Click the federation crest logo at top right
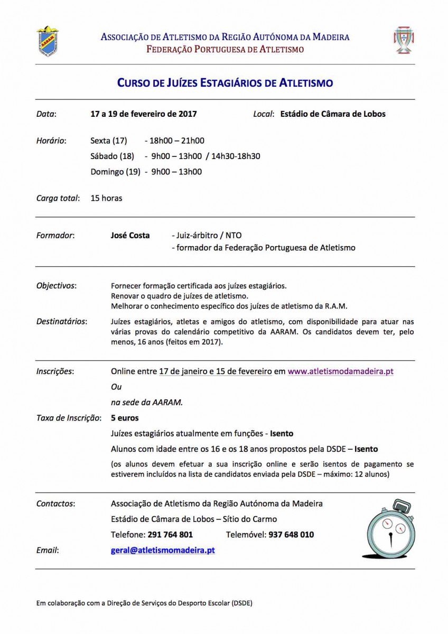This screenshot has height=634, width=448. [x=404, y=41]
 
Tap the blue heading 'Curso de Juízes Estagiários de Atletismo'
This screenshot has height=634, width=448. [x=225, y=83]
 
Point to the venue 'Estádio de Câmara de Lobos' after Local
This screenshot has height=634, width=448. [x=333, y=114]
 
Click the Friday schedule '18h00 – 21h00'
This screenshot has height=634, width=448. [x=178, y=141]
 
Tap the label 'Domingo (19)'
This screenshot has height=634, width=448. [x=115, y=172]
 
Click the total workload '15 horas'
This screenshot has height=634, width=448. [x=106, y=198]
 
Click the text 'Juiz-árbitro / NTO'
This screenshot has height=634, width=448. [x=207, y=236]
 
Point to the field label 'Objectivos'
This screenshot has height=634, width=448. [x=56, y=285]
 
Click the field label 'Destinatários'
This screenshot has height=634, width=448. [x=62, y=321]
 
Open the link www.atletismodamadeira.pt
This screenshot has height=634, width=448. [x=340, y=371]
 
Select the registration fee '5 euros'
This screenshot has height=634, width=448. [x=125, y=418]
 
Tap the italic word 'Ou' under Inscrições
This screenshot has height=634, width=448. [x=116, y=387]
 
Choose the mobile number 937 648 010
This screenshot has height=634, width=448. [x=291, y=535]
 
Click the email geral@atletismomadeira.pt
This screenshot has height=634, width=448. [x=163, y=550]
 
